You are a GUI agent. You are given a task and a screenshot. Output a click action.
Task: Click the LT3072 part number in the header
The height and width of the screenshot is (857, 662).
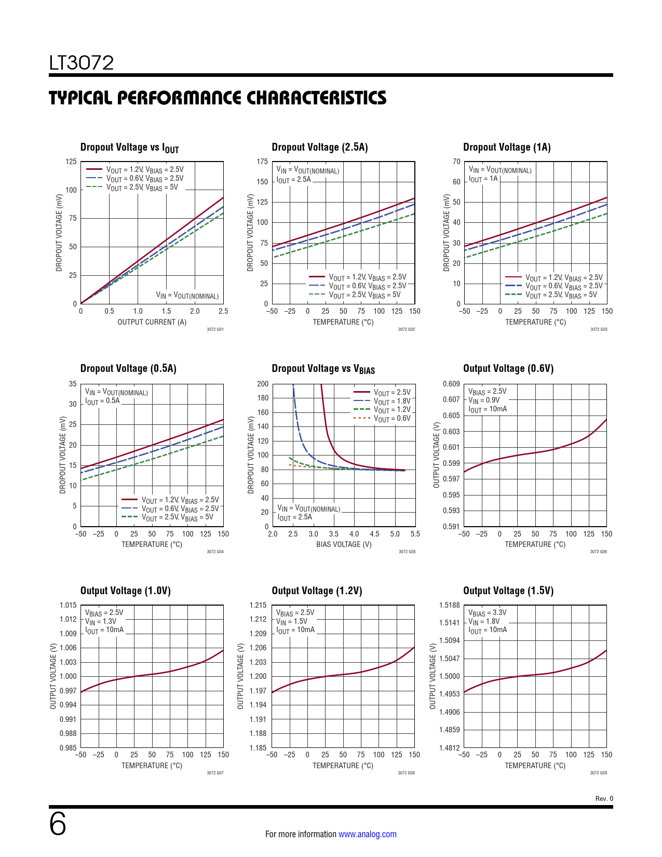(x=82, y=63)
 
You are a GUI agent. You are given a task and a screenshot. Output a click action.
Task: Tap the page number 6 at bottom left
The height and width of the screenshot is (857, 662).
(x=58, y=824)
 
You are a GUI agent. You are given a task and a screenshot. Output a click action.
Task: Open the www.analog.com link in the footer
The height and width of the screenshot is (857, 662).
(x=367, y=834)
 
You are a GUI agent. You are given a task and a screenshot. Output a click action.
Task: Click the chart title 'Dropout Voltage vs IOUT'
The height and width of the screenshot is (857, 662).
(x=129, y=148)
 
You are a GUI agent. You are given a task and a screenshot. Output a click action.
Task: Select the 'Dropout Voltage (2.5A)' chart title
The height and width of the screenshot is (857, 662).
(x=319, y=148)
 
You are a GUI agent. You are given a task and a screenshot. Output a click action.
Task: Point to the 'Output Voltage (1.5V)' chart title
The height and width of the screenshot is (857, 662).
(x=508, y=591)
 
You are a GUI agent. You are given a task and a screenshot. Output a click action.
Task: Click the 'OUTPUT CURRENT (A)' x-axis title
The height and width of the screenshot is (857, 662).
(x=152, y=322)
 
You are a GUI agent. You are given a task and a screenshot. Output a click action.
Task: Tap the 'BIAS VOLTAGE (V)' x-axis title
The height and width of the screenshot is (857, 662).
(x=344, y=544)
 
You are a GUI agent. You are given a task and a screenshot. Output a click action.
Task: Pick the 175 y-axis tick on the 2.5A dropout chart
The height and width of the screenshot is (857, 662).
(x=262, y=162)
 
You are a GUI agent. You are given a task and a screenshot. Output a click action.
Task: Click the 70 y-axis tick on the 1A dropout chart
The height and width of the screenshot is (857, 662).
(x=456, y=162)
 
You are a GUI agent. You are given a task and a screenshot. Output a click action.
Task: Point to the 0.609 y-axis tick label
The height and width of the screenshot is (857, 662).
(x=451, y=384)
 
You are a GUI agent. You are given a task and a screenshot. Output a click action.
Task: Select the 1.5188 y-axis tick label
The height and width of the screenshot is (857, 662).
(x=449, y=605)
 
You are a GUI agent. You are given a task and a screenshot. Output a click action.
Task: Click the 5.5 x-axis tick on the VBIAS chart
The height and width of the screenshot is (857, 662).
(x=415, y=534)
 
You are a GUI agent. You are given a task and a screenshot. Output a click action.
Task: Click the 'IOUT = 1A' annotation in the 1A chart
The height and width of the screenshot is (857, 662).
(x=483, y=179)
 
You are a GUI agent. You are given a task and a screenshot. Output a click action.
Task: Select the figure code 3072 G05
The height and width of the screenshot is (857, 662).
(x=407, y=552)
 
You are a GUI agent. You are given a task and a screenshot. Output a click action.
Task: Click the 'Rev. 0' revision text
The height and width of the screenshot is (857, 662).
(x=604, y=799)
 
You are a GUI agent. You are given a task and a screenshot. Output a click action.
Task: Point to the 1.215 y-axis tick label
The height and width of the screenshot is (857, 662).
(x=258, y=605)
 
